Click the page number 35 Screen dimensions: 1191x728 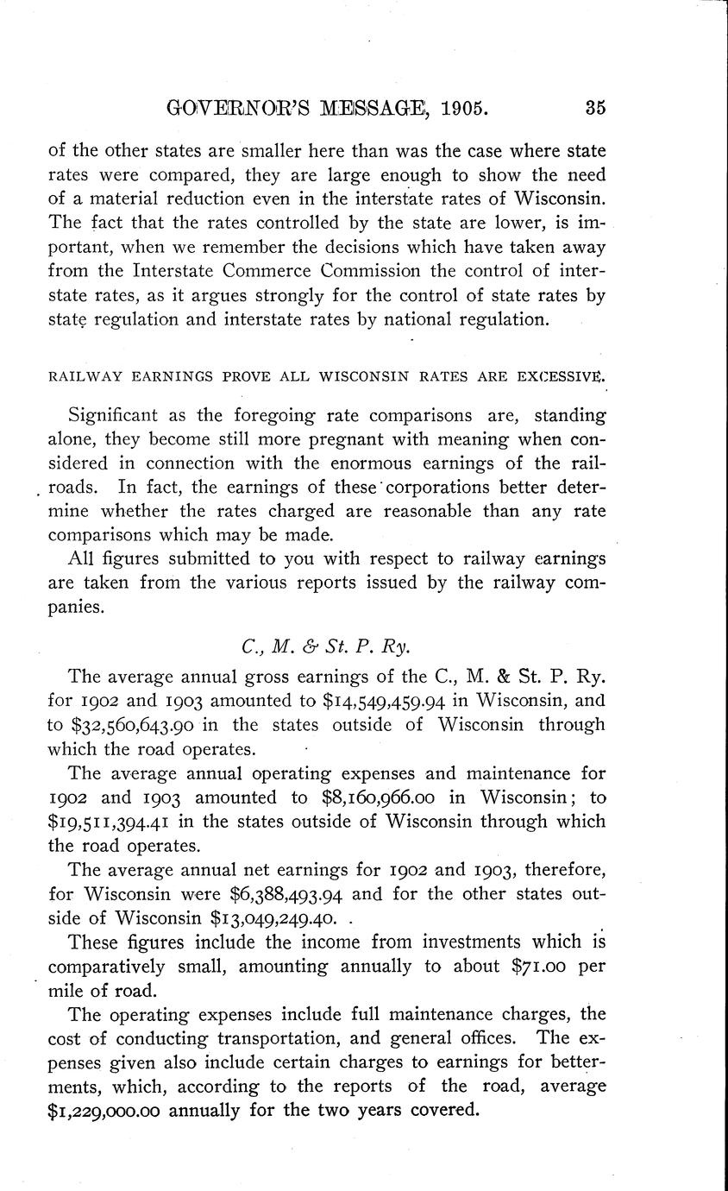pos(595,108)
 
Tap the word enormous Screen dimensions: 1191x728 pos(381,463)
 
